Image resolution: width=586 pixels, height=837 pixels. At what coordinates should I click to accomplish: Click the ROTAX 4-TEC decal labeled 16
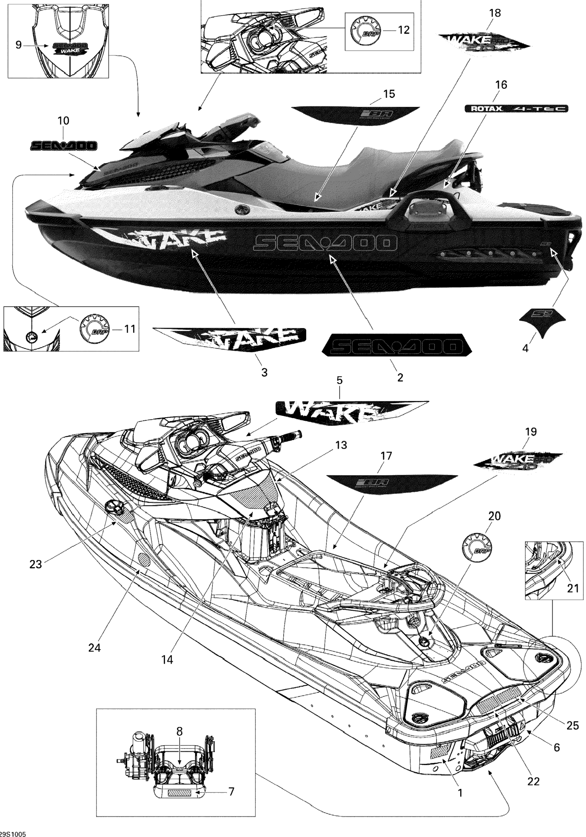pos(516,109)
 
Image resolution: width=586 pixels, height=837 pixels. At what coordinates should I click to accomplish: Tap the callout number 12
pos(403,30)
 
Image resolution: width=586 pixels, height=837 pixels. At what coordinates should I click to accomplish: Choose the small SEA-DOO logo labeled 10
pos(63,146)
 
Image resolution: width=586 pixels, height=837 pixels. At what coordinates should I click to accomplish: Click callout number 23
pos(36,564)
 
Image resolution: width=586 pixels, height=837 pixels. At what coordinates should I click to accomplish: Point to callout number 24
pos(95,648)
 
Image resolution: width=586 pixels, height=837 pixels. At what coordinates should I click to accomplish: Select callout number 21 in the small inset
pos(573,588)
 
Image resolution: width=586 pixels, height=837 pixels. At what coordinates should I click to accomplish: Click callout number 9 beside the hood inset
pos(18,45)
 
